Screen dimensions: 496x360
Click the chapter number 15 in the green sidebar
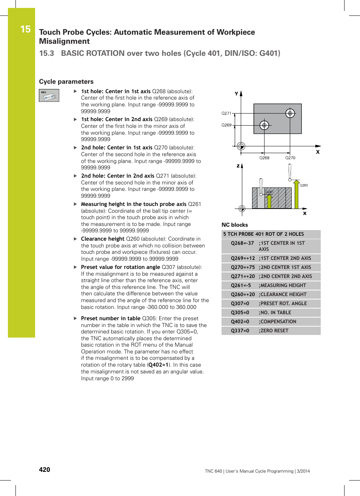click(25, 29)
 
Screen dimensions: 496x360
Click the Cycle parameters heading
click(66, 81)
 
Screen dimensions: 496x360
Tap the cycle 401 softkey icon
click(49, 95)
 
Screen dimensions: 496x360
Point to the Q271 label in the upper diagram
click(226, 113)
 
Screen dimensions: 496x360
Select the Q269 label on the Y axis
click(226, 125)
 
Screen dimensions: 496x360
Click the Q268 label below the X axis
click(264, 158)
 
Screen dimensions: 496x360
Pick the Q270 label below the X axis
click(290, 158)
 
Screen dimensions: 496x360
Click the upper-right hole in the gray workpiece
click(290, 113)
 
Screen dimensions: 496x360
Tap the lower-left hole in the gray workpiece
click(264, 125)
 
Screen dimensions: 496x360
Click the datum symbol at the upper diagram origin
click(241, 146)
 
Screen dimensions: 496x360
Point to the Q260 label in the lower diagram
click(303, 185)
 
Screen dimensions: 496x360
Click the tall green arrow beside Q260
click(297, 195)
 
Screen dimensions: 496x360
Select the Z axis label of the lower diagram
click(238, 166)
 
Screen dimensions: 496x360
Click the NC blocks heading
click(235, 225)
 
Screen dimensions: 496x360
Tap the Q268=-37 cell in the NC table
click(242, 243)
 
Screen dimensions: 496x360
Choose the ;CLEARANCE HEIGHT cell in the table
click(283, 295)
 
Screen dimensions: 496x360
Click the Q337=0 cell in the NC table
click(240, 331)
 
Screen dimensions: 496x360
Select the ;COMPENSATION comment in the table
click(278, 322)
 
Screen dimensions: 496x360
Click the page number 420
click(45, 470)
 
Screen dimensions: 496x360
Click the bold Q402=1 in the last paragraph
click(158, 365)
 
